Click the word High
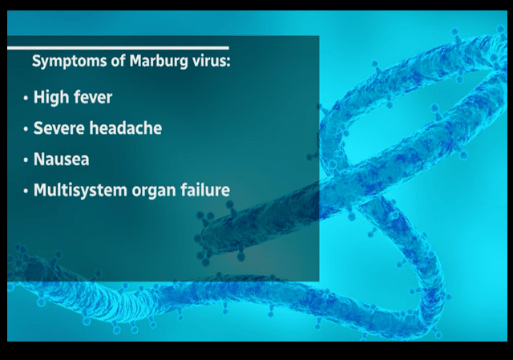click(x=50, y=98)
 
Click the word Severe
click(x=59, y=128)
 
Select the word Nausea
click(x=61, y=159)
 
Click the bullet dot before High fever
click(x=26, y=99)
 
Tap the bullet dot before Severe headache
click(x=26, y=129)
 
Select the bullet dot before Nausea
click(x=26, y=160)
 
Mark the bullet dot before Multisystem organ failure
click(x=26, y=191)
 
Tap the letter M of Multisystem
click(x=40, y=190)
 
